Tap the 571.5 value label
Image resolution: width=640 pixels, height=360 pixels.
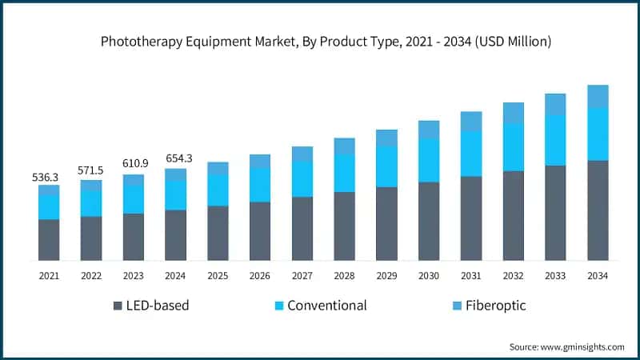click(91, 171)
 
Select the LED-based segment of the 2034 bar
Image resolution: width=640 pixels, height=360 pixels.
click(598, 210)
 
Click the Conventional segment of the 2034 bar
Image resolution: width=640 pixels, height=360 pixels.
click(598, 134)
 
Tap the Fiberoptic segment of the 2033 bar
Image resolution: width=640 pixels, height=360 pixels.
click(555, 104)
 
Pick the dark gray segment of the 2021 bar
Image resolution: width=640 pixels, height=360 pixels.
click(49, 239)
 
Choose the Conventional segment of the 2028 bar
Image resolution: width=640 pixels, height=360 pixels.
click(344, 173)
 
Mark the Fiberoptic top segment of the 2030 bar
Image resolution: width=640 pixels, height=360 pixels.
click(429, 130)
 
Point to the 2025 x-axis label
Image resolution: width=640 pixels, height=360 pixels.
click(218, 276)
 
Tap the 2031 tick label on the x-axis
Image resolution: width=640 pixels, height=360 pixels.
click(471, 276)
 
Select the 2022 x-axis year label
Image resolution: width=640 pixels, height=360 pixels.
click(91, 276)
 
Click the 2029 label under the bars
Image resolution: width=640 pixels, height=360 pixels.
click(386, 276)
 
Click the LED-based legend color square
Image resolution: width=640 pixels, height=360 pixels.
click(119, 306)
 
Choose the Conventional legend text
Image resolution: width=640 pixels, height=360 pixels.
click(326, 306)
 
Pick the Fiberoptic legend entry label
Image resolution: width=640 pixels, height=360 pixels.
click(496, 306)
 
